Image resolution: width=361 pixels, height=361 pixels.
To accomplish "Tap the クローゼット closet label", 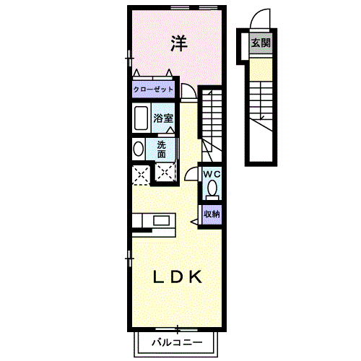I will click(x=153, y=90).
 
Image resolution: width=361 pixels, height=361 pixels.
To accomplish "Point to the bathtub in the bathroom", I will click(x=140, y=118).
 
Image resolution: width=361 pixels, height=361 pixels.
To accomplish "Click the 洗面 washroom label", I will click(x=162, y=149).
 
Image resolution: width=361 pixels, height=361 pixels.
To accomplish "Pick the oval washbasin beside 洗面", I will click(x=138, y=149).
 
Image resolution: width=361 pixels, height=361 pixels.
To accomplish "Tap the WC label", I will click(x=212, y=175).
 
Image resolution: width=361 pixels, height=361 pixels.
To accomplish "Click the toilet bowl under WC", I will click(x=212, y=190).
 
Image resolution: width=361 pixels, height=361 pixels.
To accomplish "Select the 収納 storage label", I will click(x=212, y=214).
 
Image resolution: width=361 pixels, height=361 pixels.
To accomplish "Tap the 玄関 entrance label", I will click(x=261, y=43).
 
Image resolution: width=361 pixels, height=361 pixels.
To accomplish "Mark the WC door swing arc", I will click(x=192, y=173).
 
